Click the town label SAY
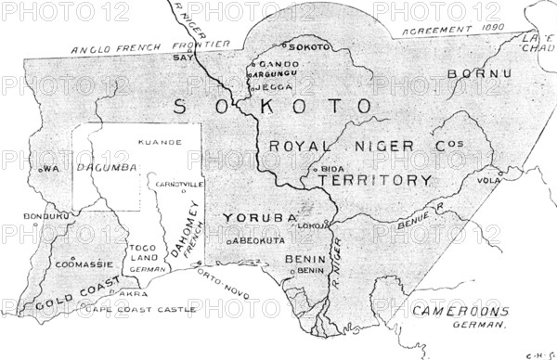click(x=181, y=57)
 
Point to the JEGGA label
click(x=274, y=86)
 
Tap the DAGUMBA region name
click(x=109, y=167)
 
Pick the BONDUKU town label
click(x=48, y=216)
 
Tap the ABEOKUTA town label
click(x=256, y=239)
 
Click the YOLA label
click(x=512, y=181)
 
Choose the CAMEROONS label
click(x=460, y=311)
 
